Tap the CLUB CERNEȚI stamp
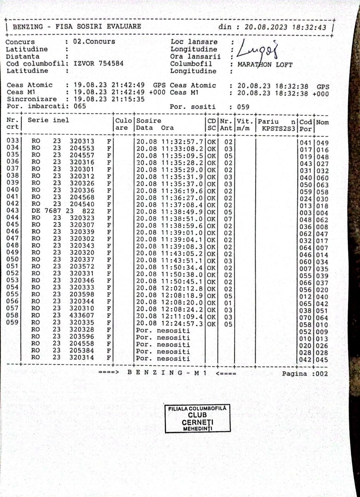[x=198, y=418]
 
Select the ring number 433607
[x=82, y=315]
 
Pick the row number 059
[x=12, y=322]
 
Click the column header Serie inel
[x=49, y=120]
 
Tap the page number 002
[x=321, y=374]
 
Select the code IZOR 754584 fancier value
[x=98, y=64]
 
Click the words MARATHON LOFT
[x=265, y=65]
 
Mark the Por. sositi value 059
[x=243, y=107]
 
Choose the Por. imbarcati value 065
[x=80, y=106]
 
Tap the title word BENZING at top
[x=28, y=27]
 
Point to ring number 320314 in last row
[x=82, y=358]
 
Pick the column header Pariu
[x=268, y=122]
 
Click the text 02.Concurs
[x=94, y=41]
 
